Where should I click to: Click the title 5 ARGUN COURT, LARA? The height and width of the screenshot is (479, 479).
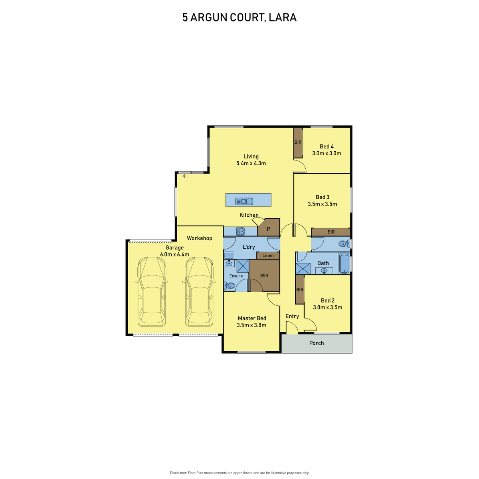pos(239,18)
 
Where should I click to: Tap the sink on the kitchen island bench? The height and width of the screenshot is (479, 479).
pos(244,201)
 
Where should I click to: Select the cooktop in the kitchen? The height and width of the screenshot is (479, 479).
pos(240,231)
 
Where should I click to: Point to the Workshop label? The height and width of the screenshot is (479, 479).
pos(199,238)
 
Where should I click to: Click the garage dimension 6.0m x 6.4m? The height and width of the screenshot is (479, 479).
pos(174,254)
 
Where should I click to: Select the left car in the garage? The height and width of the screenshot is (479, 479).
pos(151,291)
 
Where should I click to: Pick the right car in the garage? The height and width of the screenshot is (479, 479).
pos(198,291)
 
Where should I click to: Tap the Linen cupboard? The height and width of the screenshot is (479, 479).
pos(268,255)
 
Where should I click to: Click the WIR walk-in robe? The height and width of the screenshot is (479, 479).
pos(264,275)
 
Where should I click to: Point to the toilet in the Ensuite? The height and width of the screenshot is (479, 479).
pos(229,285)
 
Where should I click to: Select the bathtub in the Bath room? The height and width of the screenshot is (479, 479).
pos(344,263)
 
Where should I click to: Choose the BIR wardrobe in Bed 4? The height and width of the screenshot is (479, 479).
pos(298,143)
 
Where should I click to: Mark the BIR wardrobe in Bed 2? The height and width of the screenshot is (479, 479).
pos(299,290)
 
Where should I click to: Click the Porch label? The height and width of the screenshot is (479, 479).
pos(317,343)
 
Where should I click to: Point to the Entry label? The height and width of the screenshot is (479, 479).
pos(292,316)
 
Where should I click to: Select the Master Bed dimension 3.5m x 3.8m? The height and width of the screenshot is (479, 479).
pos(251,325)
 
